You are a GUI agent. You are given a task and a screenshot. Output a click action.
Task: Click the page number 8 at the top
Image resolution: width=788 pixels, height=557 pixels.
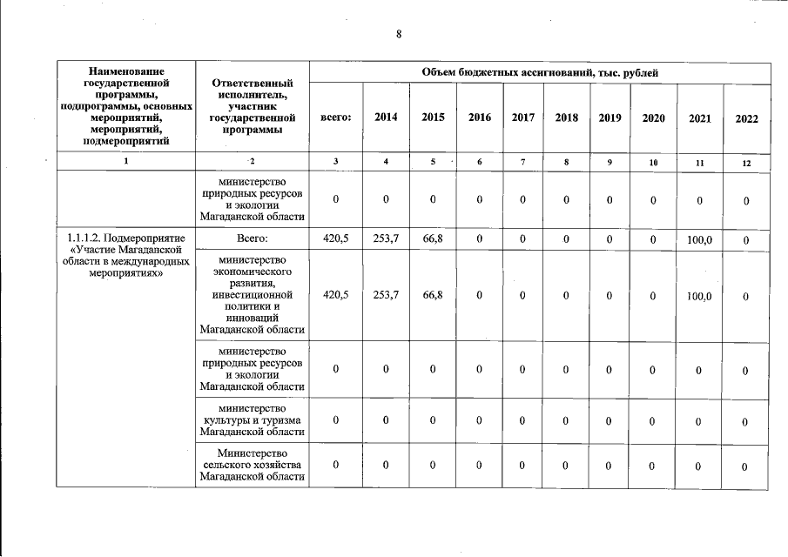pos(398,35)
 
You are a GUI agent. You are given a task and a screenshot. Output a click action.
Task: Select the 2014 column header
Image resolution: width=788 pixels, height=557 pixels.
pos(386,117)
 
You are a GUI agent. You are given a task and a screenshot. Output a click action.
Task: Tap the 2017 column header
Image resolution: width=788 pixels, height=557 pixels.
pos(523,117)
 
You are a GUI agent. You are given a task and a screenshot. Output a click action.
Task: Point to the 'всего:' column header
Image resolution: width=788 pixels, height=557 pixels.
pos(336,117)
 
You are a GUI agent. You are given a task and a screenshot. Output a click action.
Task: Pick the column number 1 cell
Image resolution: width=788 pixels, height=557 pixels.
pos(126,162)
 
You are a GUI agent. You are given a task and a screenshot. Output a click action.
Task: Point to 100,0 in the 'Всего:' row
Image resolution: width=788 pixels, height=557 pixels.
pos(700,238)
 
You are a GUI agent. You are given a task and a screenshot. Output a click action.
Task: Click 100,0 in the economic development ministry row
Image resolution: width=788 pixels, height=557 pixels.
pos(700,297)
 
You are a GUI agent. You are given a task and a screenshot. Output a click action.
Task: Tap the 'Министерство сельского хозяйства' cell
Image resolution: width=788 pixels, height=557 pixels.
pos(252,465)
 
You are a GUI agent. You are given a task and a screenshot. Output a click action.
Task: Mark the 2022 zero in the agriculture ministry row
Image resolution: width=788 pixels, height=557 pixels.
pos(746,467)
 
